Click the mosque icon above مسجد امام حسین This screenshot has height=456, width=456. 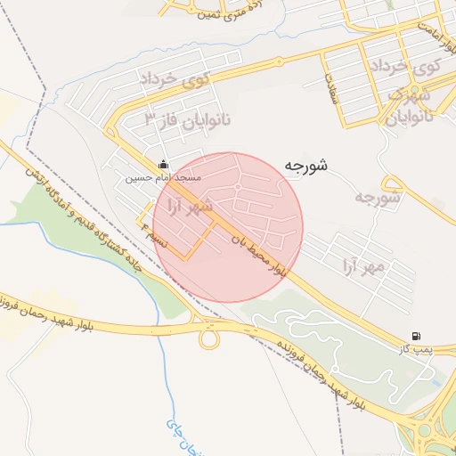tap(162, 164)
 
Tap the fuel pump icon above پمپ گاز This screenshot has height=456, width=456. tap(416, 336)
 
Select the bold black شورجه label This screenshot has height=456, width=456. tap(306, 165)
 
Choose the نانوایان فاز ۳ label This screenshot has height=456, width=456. tap(182, 118)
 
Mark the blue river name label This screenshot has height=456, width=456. tap(183, 436)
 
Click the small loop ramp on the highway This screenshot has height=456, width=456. tap(210, 338)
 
